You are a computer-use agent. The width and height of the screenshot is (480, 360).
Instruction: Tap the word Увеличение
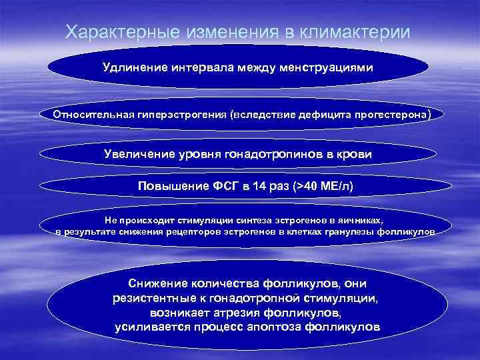tap(138, 154)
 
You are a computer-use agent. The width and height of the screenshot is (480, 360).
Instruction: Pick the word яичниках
tap(360, 219)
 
